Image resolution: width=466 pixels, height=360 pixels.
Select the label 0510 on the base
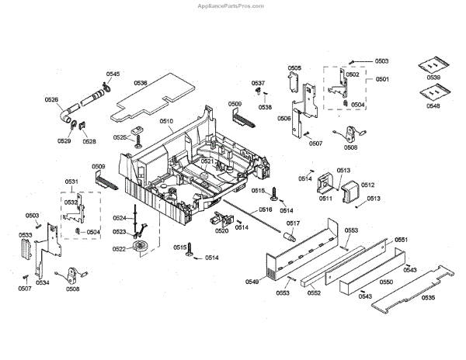[166, 121]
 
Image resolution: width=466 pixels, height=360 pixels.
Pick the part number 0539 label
[433, 78]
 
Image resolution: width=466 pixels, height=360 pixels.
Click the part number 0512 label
[367, 185]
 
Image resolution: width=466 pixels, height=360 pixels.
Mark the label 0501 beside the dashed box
[383, 80]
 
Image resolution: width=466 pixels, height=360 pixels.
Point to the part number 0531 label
[71, 182]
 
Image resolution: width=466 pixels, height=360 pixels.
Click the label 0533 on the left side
[25, 234]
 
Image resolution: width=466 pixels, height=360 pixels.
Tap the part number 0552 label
[314, 293]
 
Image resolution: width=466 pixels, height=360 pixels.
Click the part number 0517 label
[293, 223]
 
